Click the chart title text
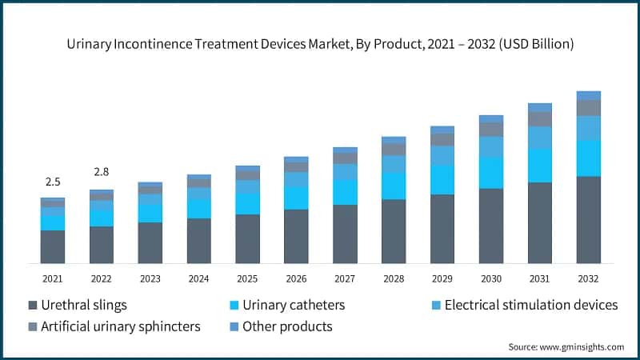point(320,45)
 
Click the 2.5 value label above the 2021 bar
point(53,182)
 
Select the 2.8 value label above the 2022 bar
point(102,172)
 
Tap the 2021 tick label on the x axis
point(53,278)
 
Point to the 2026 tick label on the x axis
point(296,278)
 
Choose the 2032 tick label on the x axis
point(588,278)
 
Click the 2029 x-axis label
point(442,278)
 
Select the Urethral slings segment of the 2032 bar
point(588,220)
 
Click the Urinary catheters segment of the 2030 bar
point(490,173)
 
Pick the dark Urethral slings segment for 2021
point(53,247)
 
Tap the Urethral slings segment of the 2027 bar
point(345,234)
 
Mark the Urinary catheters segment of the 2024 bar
point(198,209)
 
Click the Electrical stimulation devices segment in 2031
point(539,138)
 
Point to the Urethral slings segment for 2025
point(247,238)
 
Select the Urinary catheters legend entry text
point(293,306)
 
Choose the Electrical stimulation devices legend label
point(530,306)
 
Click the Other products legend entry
point(286,326)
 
